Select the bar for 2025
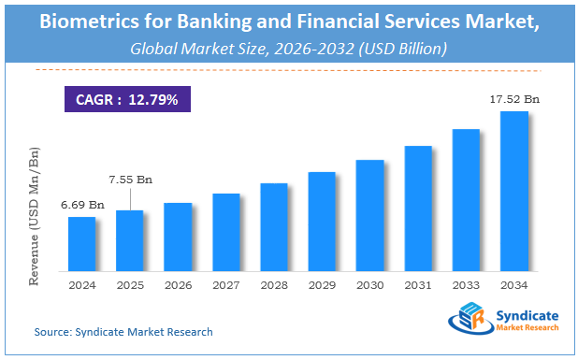click(x=130, y=240)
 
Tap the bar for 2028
click(x=273, y=226)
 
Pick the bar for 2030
click(x=369, y=215)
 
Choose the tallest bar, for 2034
click(x=513, y=191)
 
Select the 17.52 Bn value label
click(x=513, y=97)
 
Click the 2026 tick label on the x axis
click(x=178, y=284)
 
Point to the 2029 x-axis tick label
click(x=322, y=284)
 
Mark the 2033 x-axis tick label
click(x=466, y=284)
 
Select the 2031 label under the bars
click(x=417, y=284)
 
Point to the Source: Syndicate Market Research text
click(x=123, y=332)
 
